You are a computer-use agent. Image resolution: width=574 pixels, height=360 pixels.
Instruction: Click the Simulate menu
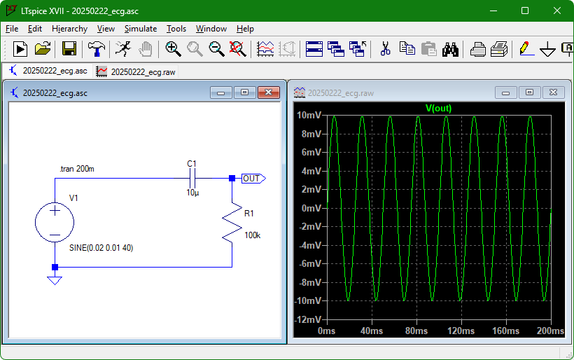point(141,29)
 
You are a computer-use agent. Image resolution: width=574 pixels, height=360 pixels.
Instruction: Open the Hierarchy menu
point(69,29)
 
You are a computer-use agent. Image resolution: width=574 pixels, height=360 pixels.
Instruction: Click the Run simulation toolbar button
point(20,49)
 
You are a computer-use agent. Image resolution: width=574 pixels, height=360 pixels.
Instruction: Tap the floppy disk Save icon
point(69,49)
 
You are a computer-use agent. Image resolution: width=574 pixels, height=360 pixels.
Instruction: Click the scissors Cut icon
point(385,49)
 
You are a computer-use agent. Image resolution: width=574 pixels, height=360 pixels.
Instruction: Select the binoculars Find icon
point(450,49)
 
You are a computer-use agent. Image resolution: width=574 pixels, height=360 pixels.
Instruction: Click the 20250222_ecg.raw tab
point(136,71)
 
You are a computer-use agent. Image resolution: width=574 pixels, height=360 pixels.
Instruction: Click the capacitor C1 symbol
point(192,179)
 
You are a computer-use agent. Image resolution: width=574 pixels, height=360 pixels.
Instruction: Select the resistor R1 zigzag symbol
point(232,223)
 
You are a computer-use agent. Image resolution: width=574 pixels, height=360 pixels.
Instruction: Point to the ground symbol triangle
point(55,280)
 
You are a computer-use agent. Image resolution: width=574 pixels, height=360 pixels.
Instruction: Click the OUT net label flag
point(253,179)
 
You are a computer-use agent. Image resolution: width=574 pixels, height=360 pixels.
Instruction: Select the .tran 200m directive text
point(77,169)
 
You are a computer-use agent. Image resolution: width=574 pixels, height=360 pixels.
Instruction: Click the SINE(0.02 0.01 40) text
point(101,248)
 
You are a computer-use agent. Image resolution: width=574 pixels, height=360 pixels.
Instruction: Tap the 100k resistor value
point(252,235)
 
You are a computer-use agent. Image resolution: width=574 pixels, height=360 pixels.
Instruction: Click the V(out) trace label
point(438,108)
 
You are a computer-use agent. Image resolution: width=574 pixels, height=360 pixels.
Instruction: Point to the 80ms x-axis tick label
point(416,331)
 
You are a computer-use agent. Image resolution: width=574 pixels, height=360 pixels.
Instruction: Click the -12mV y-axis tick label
point(309,319)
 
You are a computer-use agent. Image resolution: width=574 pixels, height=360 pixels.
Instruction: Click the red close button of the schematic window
point(268,92)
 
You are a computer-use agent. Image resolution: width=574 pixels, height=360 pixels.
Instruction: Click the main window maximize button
point(525,11)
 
